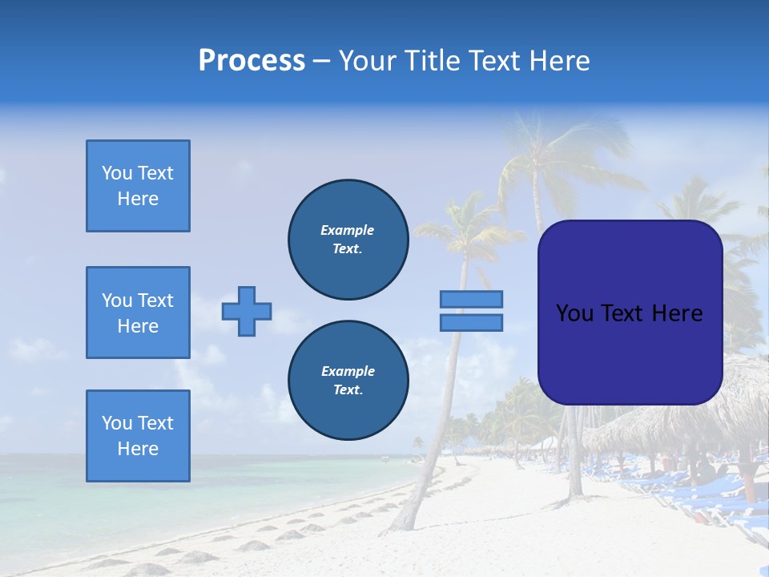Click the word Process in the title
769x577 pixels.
[x=252, y=61]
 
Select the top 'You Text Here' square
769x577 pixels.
[x=138, y=186]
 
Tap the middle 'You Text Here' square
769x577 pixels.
[x=138, y=313]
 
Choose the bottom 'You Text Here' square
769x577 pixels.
[x=138, y=435]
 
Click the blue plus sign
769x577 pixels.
[x=247, y=311]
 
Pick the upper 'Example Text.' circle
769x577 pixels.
[x=348, y=240]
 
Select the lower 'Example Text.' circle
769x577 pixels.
[x=348, y=381]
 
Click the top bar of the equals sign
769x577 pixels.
[x=471, y=299]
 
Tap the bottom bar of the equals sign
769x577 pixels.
[x=471, y=322]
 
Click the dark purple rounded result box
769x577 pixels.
[x=630, y=353]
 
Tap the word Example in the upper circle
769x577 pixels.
[x=348, y=230]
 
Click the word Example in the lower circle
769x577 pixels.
[x=348, y=371]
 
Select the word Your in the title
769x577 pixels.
[x=367, y=61]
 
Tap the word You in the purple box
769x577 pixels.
[x=574, y=313]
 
